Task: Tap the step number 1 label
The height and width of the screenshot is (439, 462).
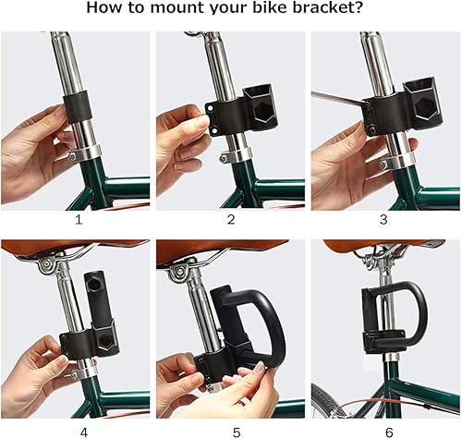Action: point(78,220)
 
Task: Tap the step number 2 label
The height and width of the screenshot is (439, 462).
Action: point(231,220)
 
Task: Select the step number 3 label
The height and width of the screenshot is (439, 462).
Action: point(384,220)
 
